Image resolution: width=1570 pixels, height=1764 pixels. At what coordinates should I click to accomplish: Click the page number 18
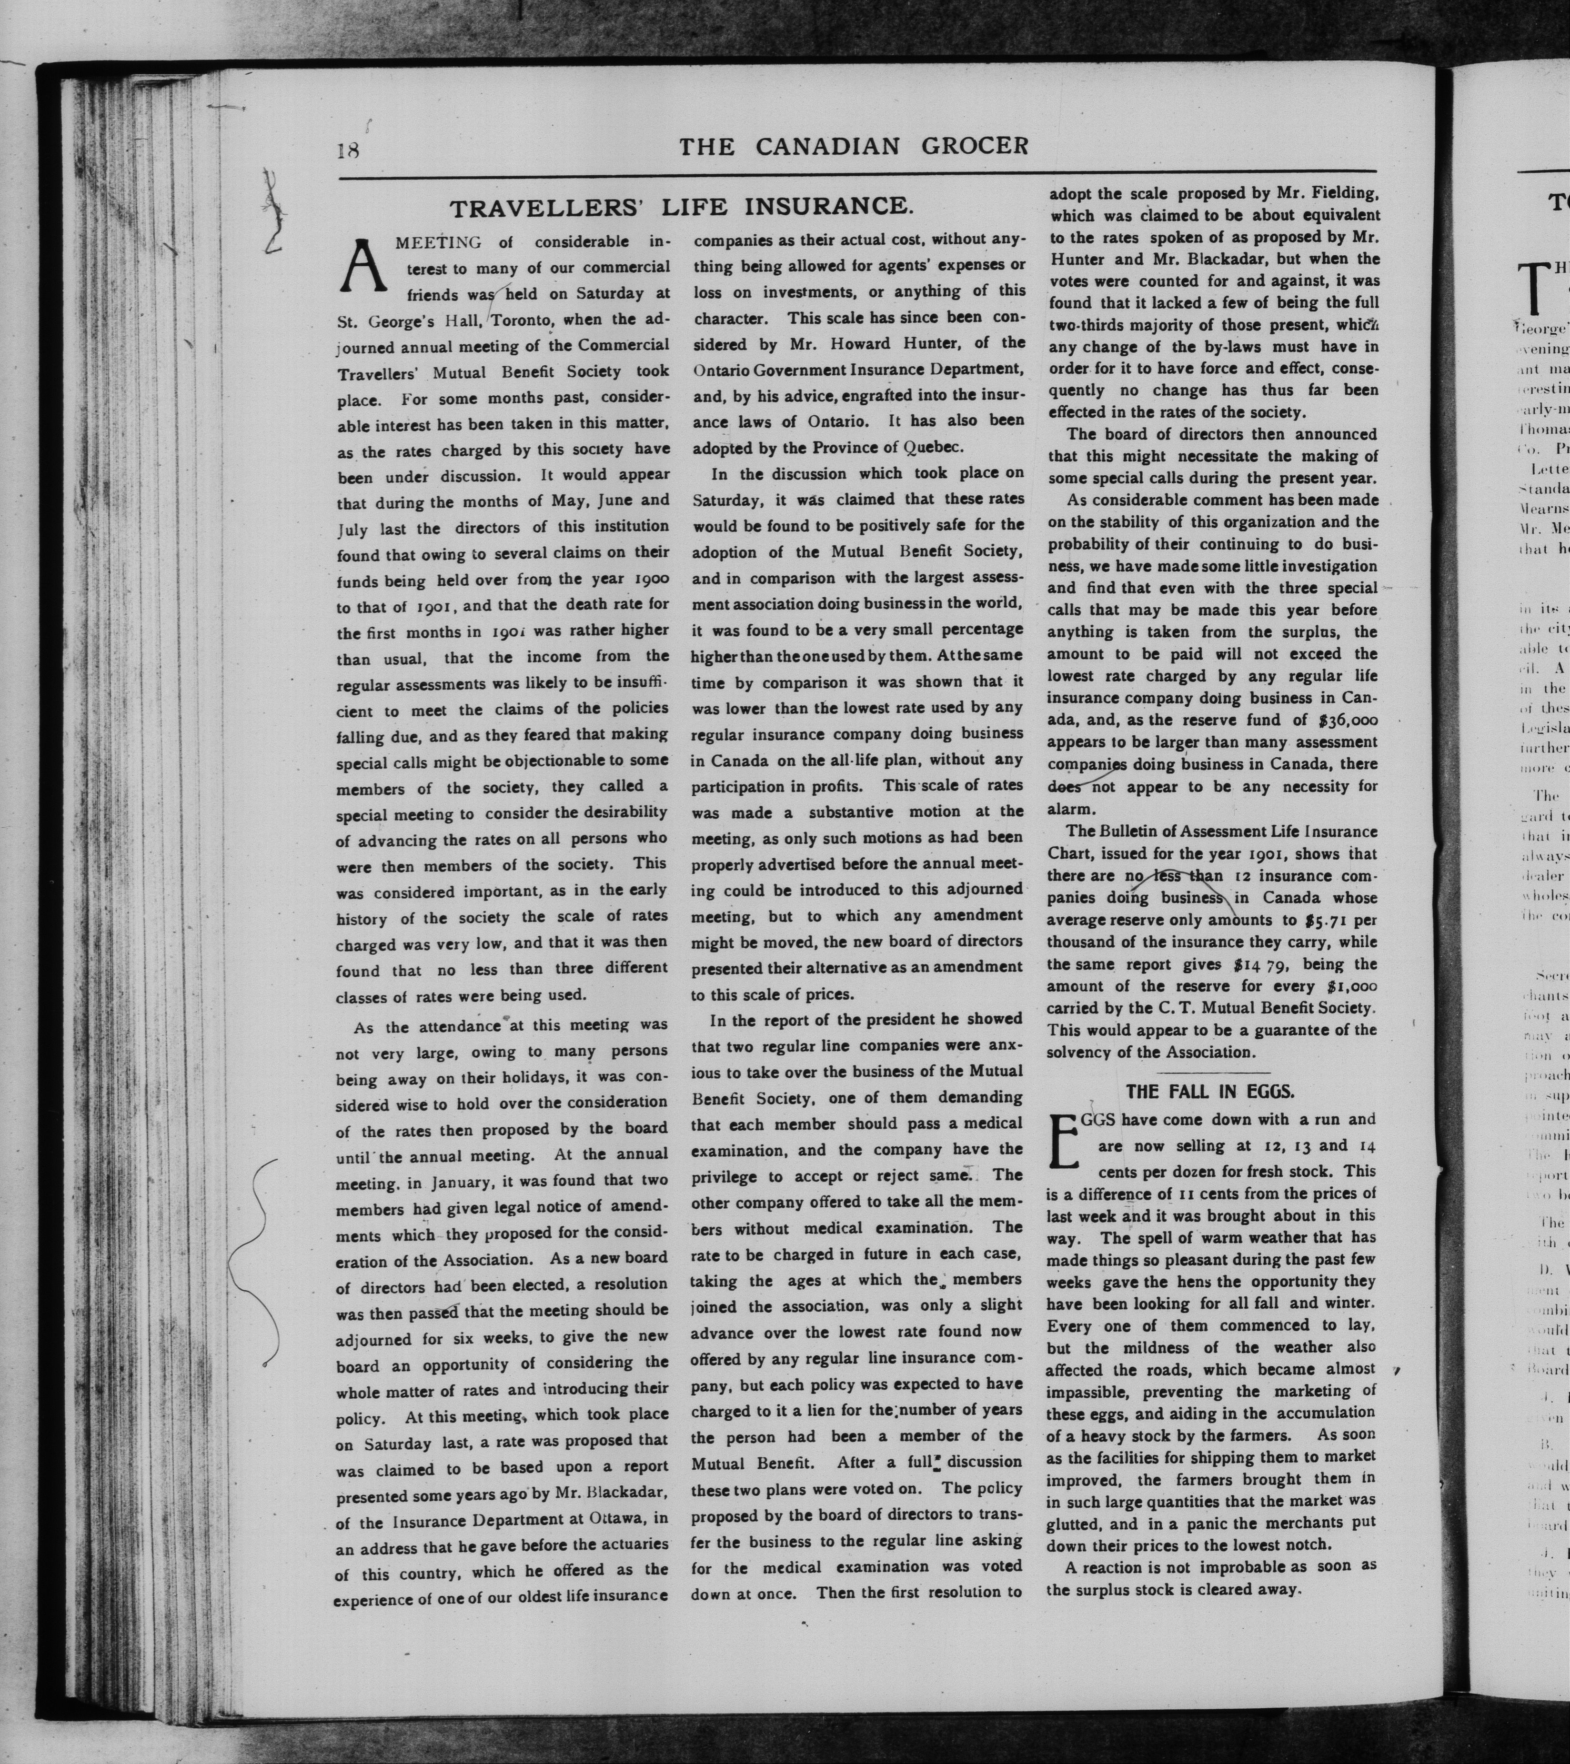coord(347,149)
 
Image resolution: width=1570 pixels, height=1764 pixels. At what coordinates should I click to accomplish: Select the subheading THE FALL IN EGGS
coord(1210,1091)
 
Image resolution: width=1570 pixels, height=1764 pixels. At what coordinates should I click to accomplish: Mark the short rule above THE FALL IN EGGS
coord(1210,1071)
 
